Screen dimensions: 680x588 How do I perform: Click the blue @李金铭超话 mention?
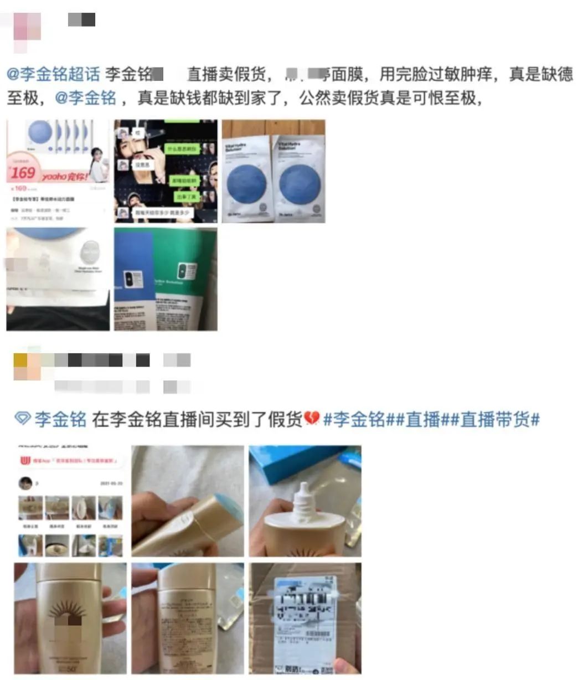pyautogui.click(x=54, y=74)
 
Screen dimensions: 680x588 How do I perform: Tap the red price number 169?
pyautogui.click(x=23, y=172)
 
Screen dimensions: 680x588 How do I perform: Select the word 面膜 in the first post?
pyautogui.click(x=347, y=74)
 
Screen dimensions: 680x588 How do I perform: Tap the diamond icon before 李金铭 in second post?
pyautogui.click(x=22, y=419)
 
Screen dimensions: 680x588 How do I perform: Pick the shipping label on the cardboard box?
pyautogui.click(x=306, y=615)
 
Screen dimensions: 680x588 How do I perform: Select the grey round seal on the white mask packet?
pyautogui.click(x=89, y=255)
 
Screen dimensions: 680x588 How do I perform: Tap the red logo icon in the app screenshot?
pyautogui.click(x=25, y=461)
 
